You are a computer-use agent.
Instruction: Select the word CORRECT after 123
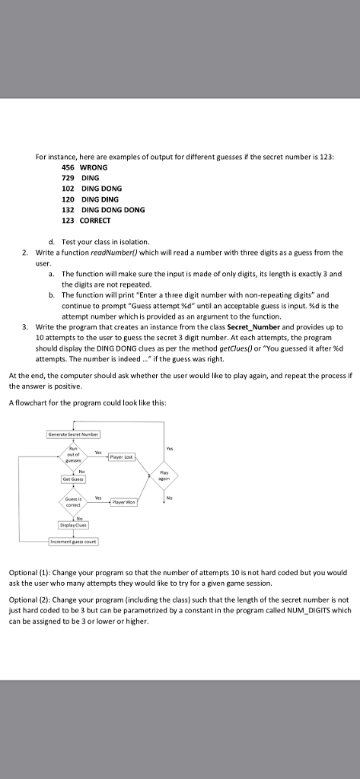click(x=96, y=220)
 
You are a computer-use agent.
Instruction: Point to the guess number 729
click(x=68, y=177)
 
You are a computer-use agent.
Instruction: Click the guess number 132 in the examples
click(x=68, y=209)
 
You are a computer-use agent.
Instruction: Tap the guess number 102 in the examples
click(x=68, y=188)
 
